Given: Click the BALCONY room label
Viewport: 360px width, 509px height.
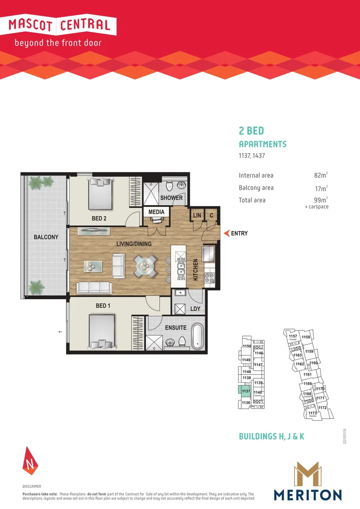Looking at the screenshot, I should (x=46, y=237).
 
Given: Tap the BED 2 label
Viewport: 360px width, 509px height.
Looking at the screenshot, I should (x=102, y=218).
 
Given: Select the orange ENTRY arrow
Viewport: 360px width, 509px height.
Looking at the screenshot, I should (x=227, y=233).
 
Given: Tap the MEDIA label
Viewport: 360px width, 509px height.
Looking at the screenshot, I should (x=156, y=212).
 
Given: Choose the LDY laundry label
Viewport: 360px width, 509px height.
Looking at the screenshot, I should (x=196, y=309).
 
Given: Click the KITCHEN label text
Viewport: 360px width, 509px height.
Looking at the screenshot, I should (x=196, y=270).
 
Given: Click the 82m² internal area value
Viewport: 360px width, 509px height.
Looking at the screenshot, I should (x=320, y=175).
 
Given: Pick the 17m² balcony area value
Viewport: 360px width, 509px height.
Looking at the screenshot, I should (x=320, y=188).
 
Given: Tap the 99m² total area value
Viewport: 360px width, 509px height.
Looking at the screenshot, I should (x=320, y=200).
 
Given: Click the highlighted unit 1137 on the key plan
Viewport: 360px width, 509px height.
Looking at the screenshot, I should (x=245, y=391).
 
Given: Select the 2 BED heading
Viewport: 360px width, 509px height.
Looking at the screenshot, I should (x=252, y=131).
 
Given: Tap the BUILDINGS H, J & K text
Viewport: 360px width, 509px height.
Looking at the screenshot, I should (x=271, y=436).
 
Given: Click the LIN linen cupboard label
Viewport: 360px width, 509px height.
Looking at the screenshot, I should (x=196, y=215).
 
